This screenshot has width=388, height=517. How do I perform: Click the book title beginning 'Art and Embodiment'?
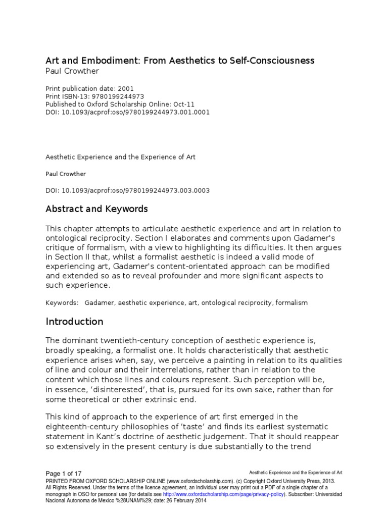pyautogui.click(x=180, y=61)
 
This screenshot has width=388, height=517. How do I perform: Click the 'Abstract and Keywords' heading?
pyautogui.click(x=96, y=209)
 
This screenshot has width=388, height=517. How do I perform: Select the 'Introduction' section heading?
pyautogui.click(x=74, y=322)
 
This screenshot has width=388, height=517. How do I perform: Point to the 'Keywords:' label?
pyautogui.click(x=62, y=303)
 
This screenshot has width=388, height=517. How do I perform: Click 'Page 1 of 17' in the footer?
pyautogui.click(x=64, y=474)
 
